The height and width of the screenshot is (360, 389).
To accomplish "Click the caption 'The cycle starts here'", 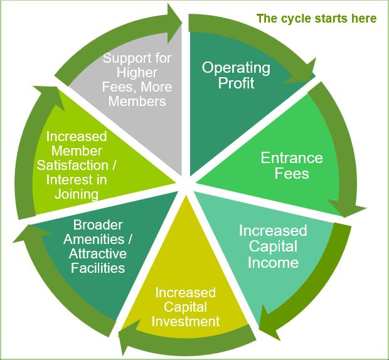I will (x=316, y=18).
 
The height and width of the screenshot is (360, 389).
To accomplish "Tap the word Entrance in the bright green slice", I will (x=291, y=157).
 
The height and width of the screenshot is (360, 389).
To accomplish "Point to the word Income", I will (x=272, y=262).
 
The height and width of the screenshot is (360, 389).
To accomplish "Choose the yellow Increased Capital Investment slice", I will (x=185, y=282).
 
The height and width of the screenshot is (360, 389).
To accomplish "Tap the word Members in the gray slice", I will (x=137, y=101).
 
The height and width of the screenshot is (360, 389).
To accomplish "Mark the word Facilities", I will (x=97, y=268).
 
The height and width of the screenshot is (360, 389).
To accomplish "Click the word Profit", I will (x=236, y=83).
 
